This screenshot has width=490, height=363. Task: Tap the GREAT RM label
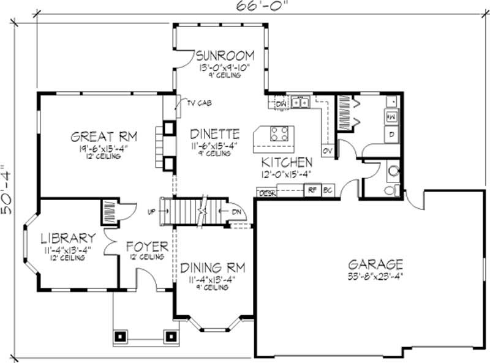click(104, 136)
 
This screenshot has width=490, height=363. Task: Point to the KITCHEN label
click(287, 162)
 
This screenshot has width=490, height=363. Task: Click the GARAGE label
click(375, 264)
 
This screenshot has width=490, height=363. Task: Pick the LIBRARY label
click(68, 238)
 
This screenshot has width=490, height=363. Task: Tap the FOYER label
click(147, 247)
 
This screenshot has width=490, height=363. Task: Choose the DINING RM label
click(213, 268)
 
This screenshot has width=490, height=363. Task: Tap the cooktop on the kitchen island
click(281, 134)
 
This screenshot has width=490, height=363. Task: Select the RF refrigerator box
click(312, 190)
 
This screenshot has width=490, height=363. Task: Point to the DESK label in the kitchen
click(267, 193)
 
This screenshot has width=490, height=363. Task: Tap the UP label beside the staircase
click(151, 212)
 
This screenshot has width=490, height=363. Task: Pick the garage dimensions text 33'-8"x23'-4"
click(375, 276)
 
